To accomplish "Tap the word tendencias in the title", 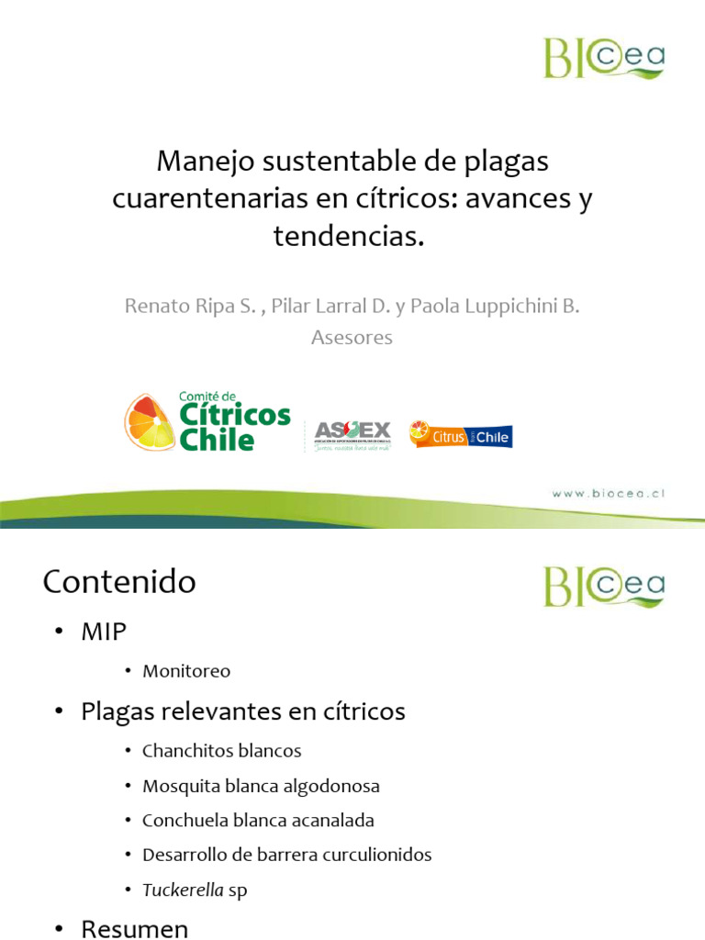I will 347,236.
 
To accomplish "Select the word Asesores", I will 352,338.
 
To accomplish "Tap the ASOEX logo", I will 352,433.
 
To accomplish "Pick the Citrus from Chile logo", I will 461,434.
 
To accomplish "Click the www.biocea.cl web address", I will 608,493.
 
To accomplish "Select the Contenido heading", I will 119,582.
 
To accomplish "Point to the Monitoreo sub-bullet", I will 186,671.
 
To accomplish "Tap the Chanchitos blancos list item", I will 221,751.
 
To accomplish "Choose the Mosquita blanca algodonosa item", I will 261,787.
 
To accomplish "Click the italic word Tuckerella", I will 183,890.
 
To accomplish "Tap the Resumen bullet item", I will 134,929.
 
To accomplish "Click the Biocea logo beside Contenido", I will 603,586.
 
